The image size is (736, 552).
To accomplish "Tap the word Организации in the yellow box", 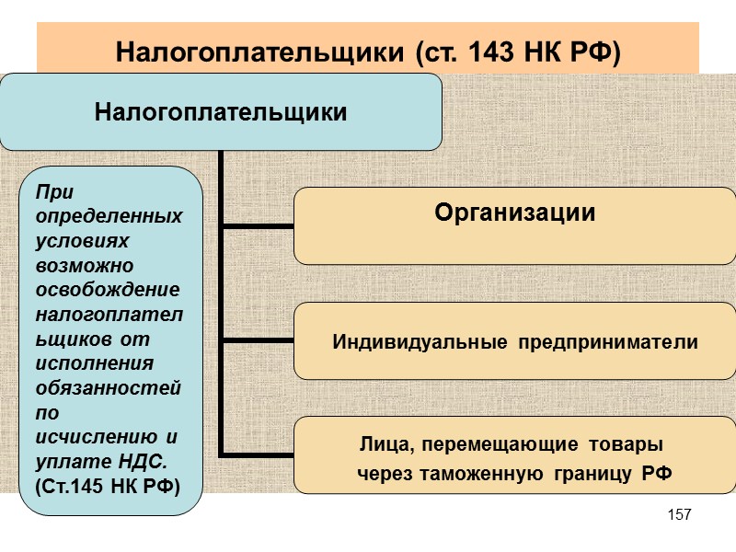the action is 514,213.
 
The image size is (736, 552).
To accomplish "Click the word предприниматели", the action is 606,342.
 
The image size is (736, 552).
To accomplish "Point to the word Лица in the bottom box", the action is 377,445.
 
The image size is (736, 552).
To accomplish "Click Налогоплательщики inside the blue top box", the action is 221,113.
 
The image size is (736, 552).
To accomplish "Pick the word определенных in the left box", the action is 109,217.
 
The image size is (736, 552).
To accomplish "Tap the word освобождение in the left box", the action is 107,290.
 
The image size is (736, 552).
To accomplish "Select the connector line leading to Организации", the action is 258,224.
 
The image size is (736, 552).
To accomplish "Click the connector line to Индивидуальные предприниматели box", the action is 258,340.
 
